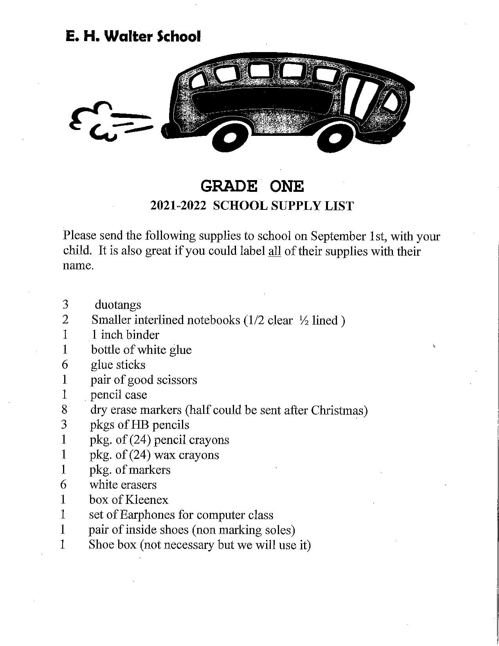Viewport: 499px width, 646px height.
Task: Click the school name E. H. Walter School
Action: [x=133, y=36]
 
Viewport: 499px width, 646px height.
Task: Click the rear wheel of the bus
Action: [x=231, y=138]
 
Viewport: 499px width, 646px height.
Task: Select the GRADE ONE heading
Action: [x=252, y=186]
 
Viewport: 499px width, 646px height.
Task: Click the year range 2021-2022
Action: [x=178, y=206]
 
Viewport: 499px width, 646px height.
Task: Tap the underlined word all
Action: [x=274, y=251]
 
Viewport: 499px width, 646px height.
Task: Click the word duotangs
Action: [x=118, y=305]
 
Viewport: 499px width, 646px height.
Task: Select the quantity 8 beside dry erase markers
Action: [x=64, y=410]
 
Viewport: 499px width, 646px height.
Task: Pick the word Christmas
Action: [x=339, y=410]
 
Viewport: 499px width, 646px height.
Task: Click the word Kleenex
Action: [x=146, y=500]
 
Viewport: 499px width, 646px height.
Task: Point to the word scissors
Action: [x=177, y=380]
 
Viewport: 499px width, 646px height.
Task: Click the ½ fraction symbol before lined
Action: [x=304, y=320]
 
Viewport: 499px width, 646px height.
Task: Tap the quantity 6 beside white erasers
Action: [x=63, y=485]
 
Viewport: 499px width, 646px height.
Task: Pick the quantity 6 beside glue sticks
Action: [x=65, y=365]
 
